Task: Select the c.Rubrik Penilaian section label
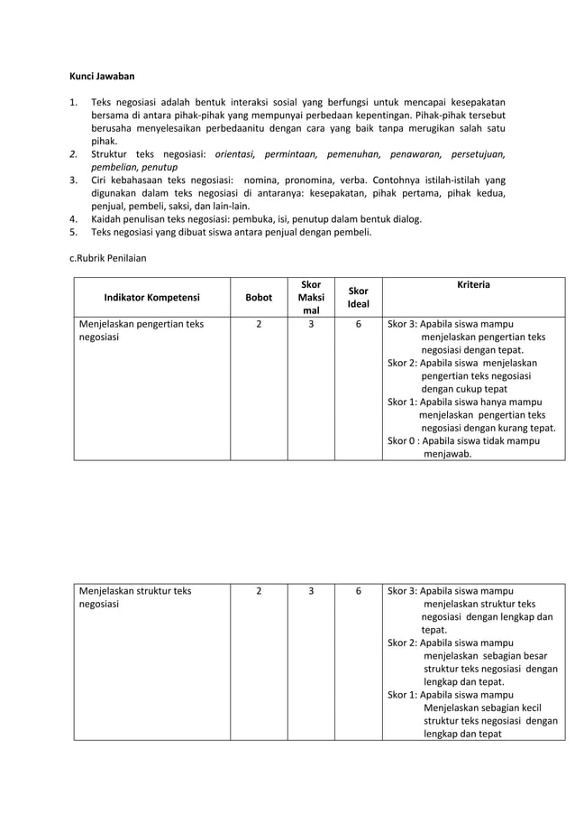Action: (108, 257)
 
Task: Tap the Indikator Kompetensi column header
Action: (152, 297)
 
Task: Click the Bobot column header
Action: (259, 297)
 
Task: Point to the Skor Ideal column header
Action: (358, 298)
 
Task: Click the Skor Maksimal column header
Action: (311, 297)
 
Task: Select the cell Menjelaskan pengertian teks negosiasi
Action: (141, 331)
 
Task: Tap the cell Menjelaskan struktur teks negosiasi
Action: (135, 598)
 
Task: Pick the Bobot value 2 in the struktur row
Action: (259, 592)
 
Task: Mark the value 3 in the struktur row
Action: (311, 592)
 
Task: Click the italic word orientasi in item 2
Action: (235, 154)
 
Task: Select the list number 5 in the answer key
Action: (74, 231)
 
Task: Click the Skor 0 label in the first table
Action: (402, 441)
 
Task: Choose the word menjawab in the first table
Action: (447, 454)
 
